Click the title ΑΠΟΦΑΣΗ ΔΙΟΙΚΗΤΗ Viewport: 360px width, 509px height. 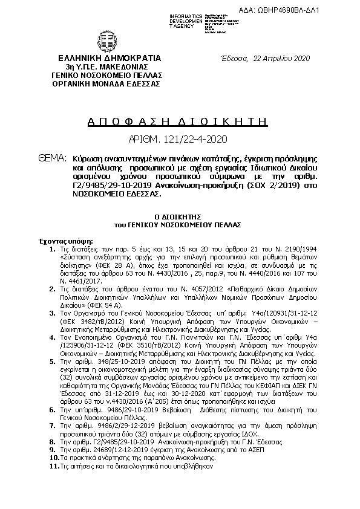pyautogui.click(x=178, y=121)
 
